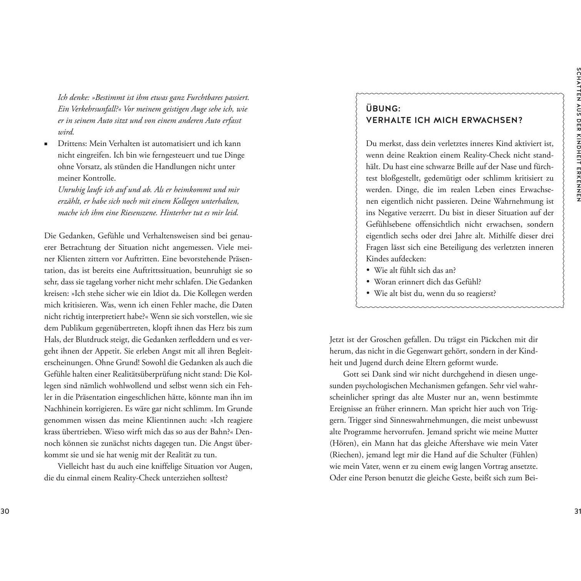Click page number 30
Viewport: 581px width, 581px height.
(x=5, y=511)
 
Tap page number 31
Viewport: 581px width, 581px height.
(x=576, y=511)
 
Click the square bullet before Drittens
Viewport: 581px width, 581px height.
(x=46, y=144)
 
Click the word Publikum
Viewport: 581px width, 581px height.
(x=79, y=328)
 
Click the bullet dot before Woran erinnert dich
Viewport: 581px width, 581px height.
(x=368, y=282)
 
